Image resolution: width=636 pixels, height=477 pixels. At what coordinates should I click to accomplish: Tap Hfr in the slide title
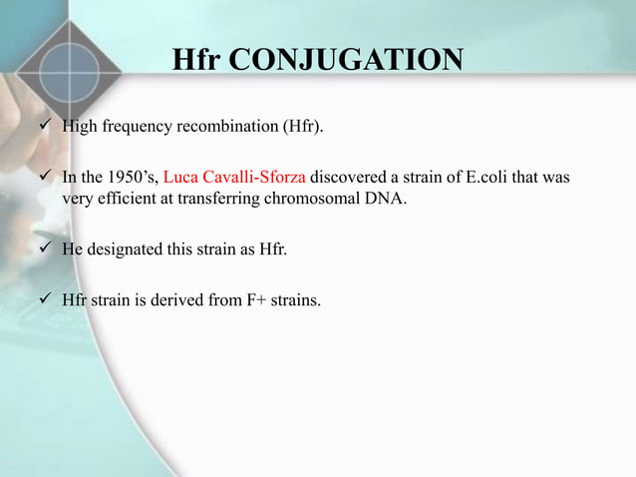[x=197, y=59]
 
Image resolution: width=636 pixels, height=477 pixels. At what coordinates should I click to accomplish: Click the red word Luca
[x=179, y=178]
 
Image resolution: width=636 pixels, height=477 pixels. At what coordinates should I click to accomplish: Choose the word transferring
[x=226, y=198]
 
